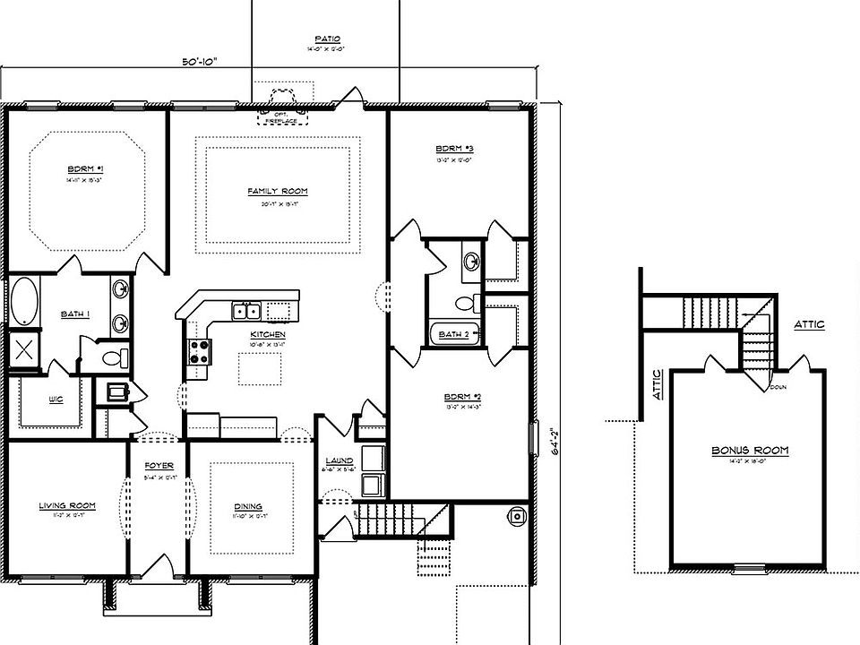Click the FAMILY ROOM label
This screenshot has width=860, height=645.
(277, 191)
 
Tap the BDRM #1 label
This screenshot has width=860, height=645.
(85, 168)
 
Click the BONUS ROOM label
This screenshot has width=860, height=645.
(750, 451)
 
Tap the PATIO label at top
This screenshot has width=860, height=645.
(327, 39)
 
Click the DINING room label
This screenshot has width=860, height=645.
(248, 506)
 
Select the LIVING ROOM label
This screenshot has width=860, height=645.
(67, 505)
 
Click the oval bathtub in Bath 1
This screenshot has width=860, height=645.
(24, 302)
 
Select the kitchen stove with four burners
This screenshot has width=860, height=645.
(198, 350)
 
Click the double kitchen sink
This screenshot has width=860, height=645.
(246, 311)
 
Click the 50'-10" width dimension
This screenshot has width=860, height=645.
(199, 62)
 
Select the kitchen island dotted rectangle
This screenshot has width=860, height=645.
(260, 368)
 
